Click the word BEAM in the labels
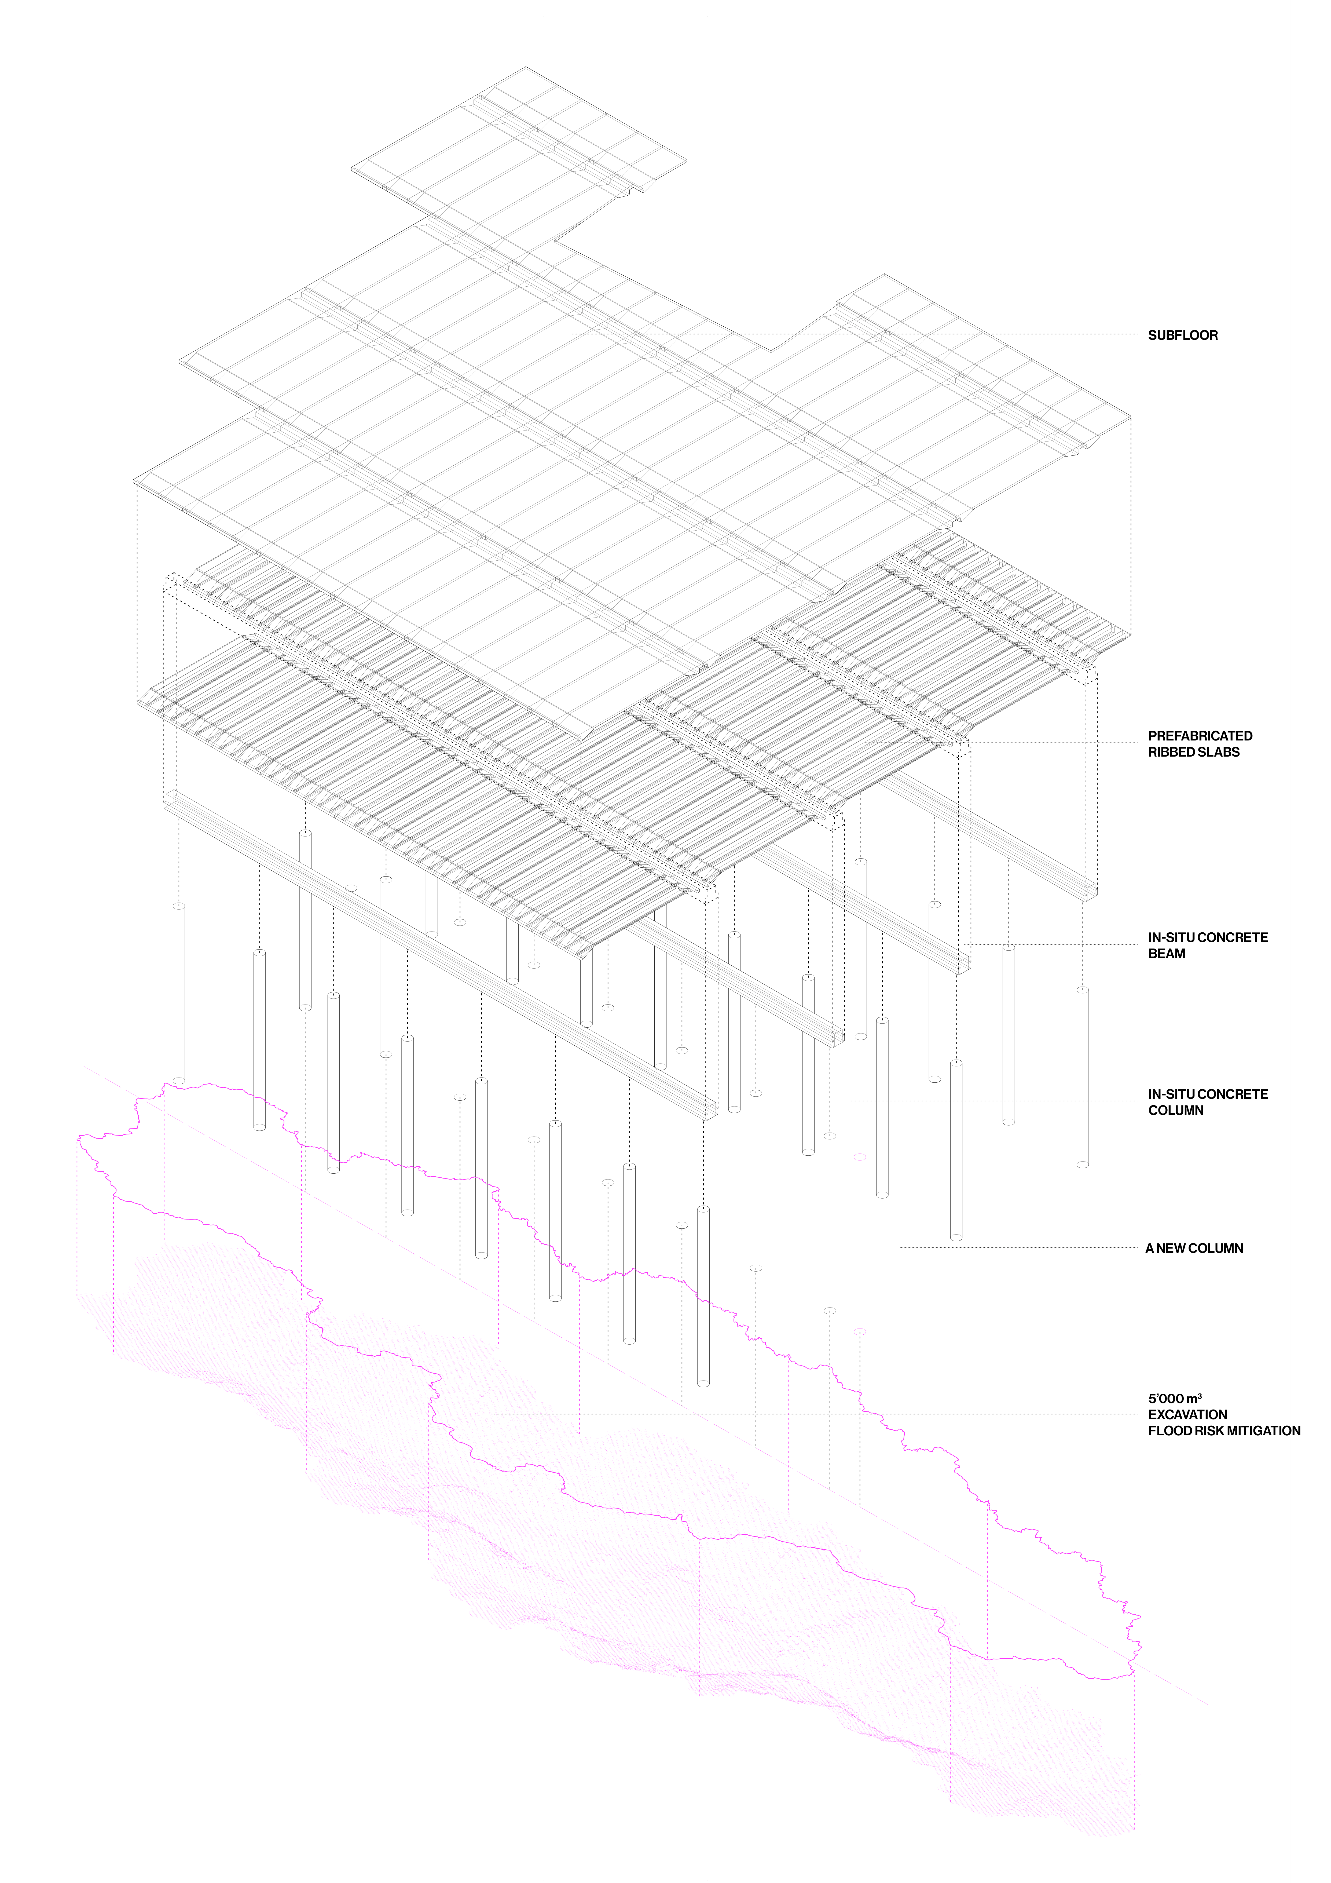(1166, 954)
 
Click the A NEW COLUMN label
(1194, 1248)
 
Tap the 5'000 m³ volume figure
(1174, 1398)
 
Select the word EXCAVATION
(1187, 1415)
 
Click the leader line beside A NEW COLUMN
(1017, 1248)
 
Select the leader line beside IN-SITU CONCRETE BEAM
(1066, 945)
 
